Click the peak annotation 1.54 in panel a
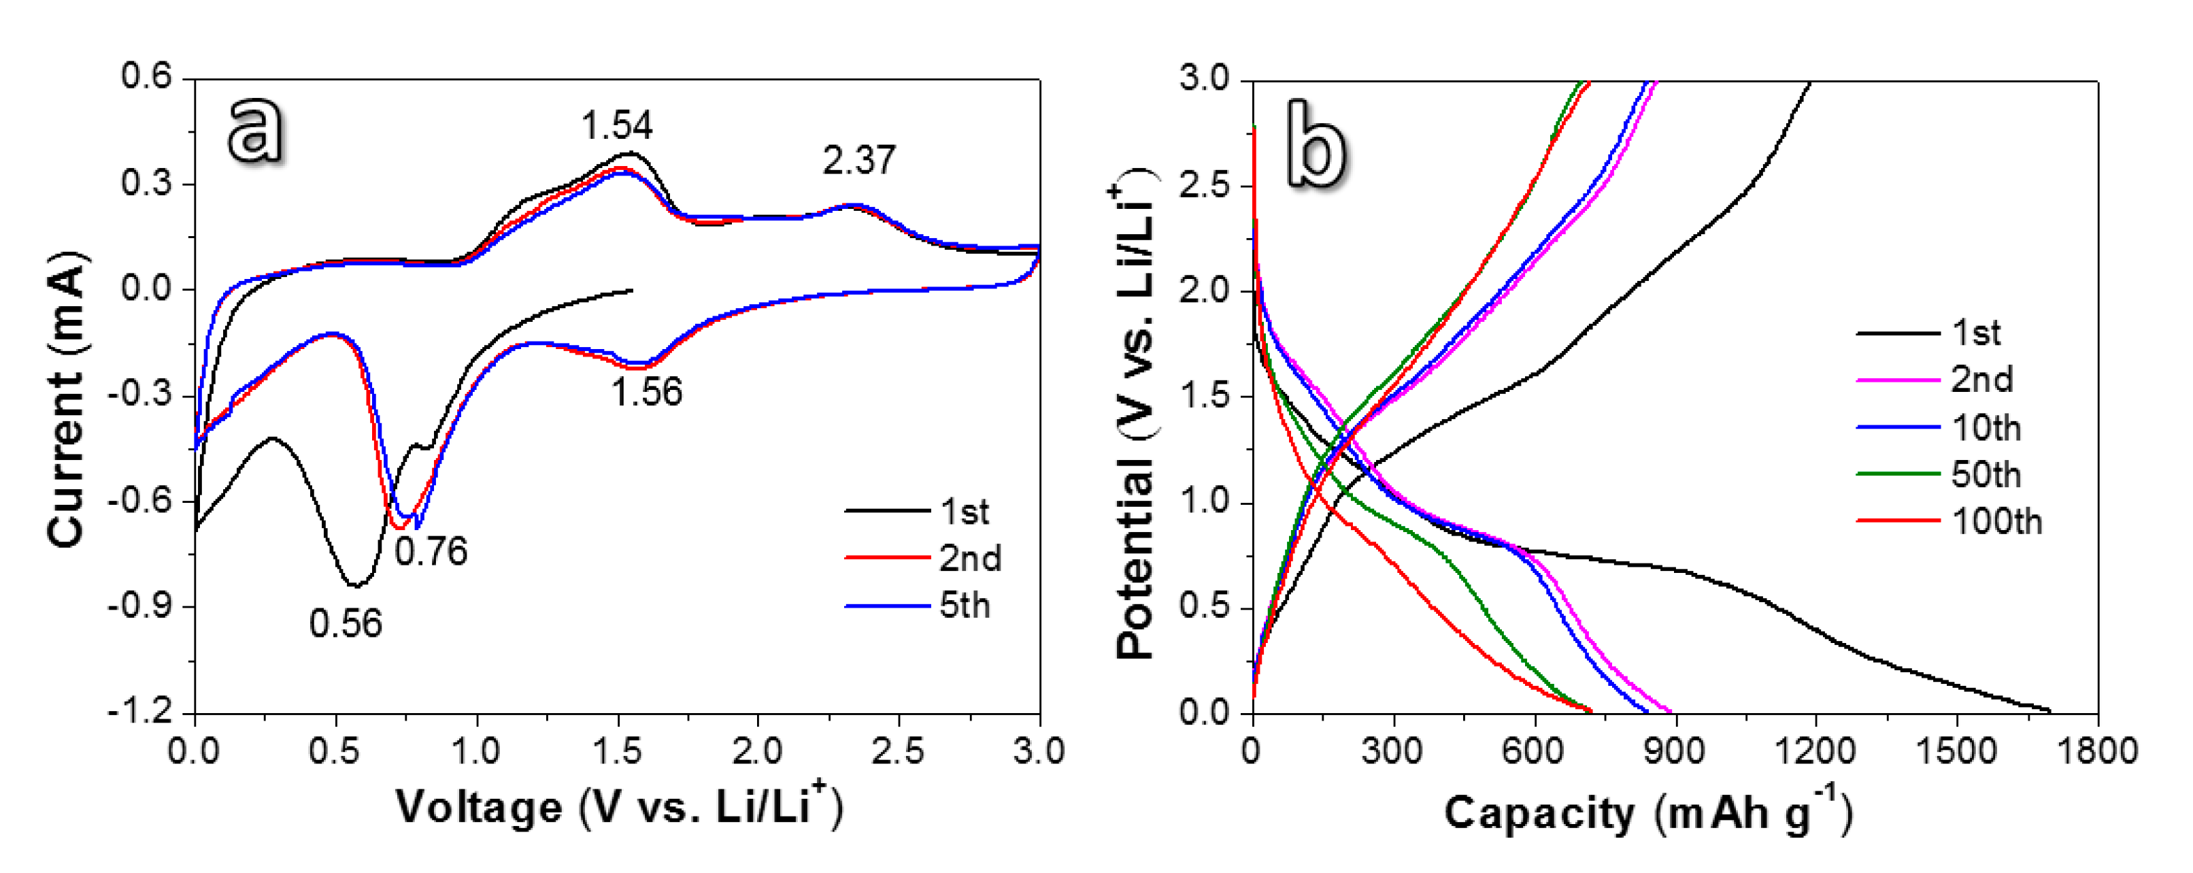[x=616, y=126]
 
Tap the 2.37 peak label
[x=859, y=160]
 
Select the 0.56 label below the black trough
[x=346, y=625]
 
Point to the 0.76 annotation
[x=431, y=552]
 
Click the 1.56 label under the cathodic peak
[x=647, y=393]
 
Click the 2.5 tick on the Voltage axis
[x=898, y=751]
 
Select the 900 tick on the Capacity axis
[x=1675, y=751]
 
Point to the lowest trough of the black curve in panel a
[x=355, y=585]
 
